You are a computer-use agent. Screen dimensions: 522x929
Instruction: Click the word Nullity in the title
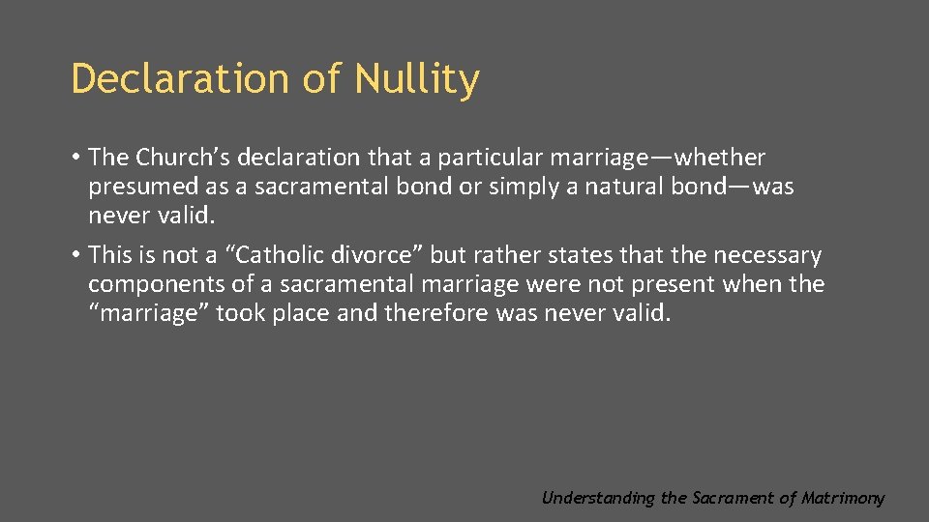[416, 79]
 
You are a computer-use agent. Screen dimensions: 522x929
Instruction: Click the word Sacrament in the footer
[733, 499]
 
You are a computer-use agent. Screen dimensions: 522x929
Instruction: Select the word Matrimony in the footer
[842, 499]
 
